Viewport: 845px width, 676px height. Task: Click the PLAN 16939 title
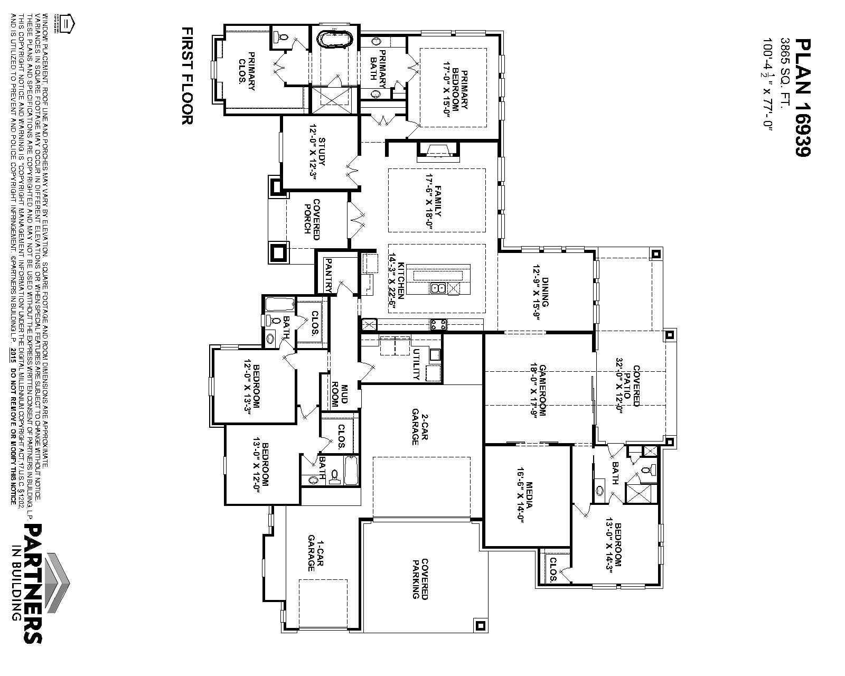point(803,97)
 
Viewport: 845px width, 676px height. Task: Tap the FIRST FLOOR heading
point(187,76)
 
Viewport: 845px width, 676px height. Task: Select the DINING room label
point(540,292)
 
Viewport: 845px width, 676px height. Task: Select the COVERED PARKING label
point(419,579)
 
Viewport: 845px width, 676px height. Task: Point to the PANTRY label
point(328,276)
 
